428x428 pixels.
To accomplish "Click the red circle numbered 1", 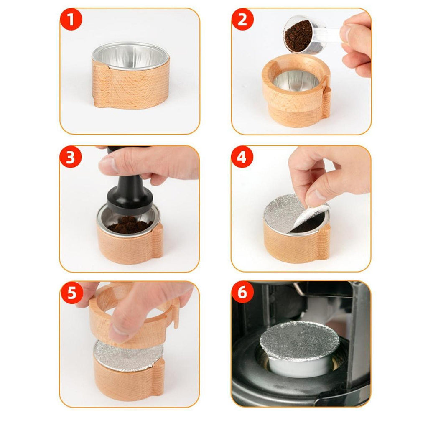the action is coord(71,19).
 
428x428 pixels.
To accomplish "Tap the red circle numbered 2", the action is coord(242,19).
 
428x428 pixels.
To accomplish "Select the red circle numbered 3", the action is coord(70,157).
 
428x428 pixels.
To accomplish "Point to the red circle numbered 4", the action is coord(242,157).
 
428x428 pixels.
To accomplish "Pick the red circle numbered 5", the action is coord(71,293).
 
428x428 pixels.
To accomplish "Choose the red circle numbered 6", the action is coord(242,292).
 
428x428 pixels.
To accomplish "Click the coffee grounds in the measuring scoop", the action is coord(298,36).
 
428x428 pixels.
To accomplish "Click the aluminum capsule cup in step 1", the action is coord(131,56).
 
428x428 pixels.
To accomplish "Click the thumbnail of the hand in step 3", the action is coord(108,165).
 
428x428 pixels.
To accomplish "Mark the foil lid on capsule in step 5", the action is coord(128,355).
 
